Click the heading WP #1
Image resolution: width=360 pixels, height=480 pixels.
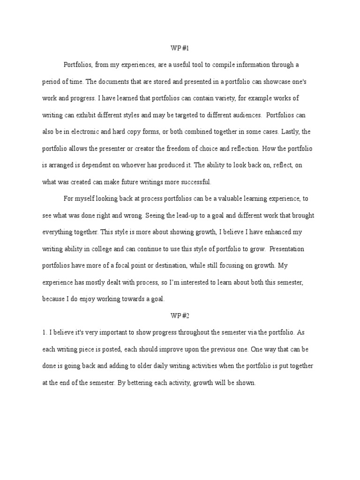click(x=180, y=48)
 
